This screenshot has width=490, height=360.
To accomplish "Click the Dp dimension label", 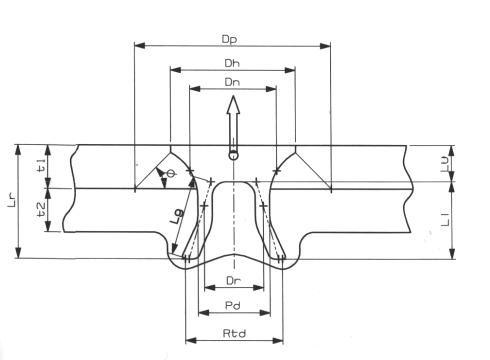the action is pyautogui.click(x=229, y=39).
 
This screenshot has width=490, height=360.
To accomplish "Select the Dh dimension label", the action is pyautogui.click(x=232, y=63).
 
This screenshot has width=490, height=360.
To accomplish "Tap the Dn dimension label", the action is pyautogui.click(x=232, y=82).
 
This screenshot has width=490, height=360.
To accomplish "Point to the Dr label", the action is pyautogui.click(x=233, y=281).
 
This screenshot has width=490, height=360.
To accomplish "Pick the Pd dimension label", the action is pyautogui.click(x=233, y=306).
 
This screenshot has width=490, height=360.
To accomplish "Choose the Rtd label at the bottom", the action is pyautogui.click(x=234, y=333).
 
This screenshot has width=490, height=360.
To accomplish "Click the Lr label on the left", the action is pyautogui.click(x=12, y=202).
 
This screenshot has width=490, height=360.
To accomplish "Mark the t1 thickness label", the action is pyautogui.click(x=40, y=165).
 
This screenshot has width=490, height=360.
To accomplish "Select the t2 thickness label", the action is pyautogui.click(x=40, y=210).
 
